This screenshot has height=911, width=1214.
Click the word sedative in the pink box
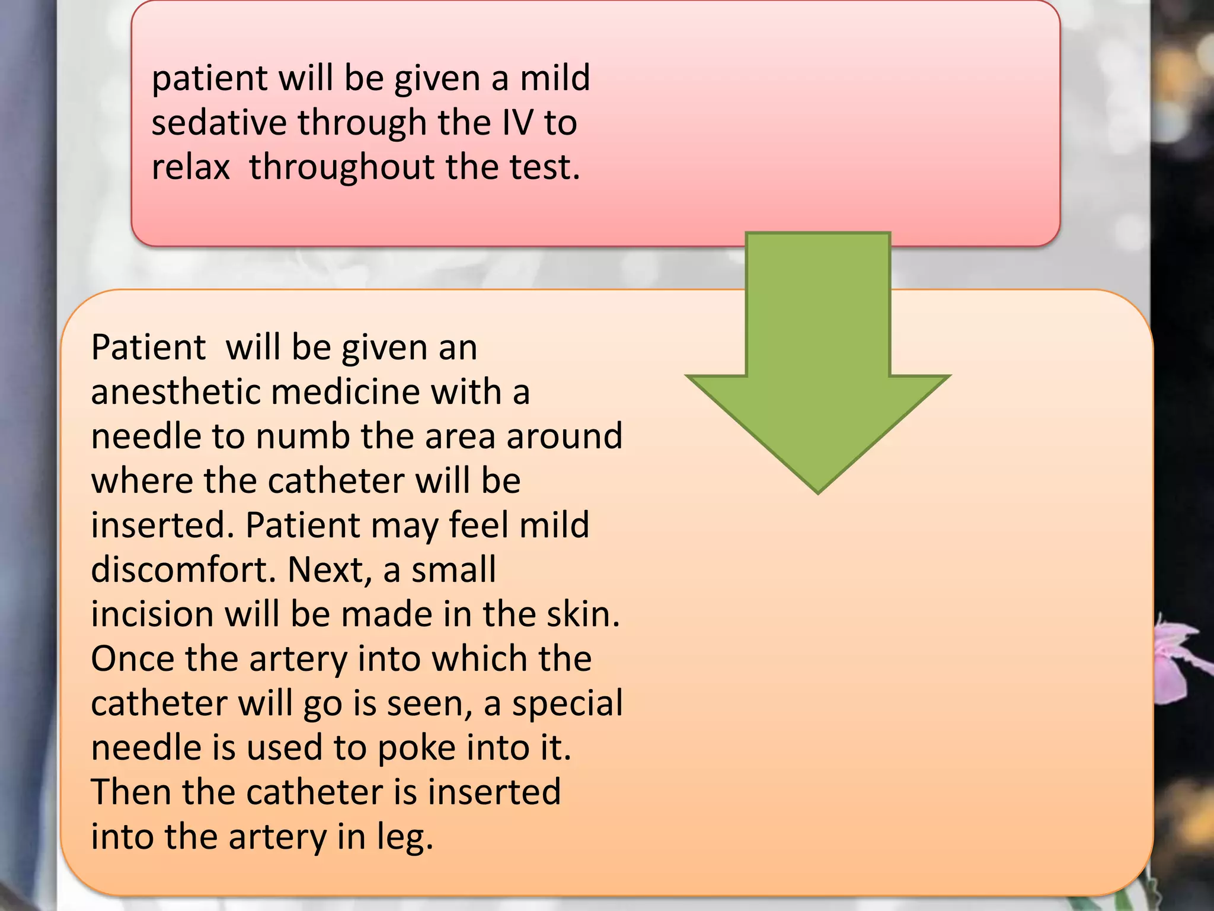tap(218, 123)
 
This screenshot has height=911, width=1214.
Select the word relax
tap(190, 167)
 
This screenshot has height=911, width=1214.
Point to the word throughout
tap(342, 167)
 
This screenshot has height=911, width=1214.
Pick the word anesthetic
tap(175, 392)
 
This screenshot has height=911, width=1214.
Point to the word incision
tap(152, 614)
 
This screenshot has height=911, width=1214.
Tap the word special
tap(567, 704)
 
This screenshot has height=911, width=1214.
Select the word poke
tap(417, 748)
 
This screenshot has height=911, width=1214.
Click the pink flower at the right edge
tap(1177, 658)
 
